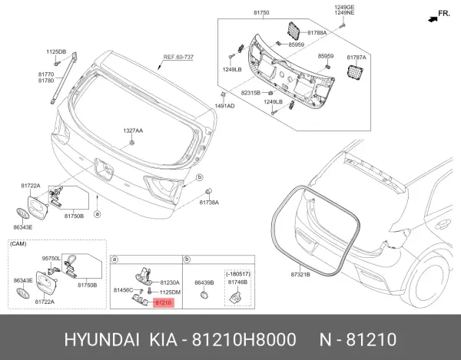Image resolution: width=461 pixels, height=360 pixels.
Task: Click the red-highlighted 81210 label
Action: (x=164, y=302)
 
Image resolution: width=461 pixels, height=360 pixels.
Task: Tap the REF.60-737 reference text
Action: (x=178, y=57)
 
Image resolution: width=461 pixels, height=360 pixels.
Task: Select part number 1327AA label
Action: (x=133, y=130)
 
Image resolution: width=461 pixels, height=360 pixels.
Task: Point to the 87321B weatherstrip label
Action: (x=300, y=275)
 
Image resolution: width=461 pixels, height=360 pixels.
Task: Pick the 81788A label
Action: (x=317, y=32)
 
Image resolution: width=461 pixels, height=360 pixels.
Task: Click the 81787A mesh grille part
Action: (x=355, y=72)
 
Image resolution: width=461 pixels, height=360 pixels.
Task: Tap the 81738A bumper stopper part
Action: (x=208, y=191)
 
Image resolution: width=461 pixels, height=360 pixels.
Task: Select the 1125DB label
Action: (x=56, y=52)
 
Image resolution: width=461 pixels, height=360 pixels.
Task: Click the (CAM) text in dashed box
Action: (x=18, y=244)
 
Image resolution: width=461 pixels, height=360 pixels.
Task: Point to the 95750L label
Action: (x=51, y=259)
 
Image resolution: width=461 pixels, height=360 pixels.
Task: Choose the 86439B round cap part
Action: (x=204, y=295)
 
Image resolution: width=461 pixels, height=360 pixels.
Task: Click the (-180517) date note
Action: (x=238, y=274)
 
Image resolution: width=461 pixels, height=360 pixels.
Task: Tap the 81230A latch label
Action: (x=170, y=282)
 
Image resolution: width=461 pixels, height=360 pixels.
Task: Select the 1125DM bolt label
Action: (x=170, y=292)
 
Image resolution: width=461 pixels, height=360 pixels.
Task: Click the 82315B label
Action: (x=250, y=93)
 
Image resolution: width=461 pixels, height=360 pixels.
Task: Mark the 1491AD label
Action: (x=224, y=106)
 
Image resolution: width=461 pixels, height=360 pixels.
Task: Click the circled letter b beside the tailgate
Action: (x=200, y=177)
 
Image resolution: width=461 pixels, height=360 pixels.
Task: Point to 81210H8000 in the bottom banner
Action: (x=244, y=340)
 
